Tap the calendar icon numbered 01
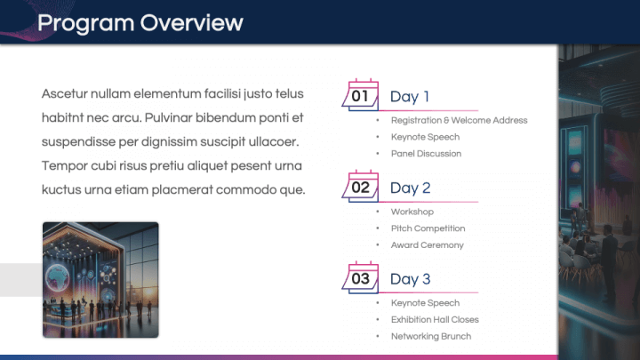click(x=361, y=95)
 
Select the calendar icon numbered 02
click(x=361, y=187)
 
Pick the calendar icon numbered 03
click(x=361, y=278)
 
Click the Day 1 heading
click(x=410, y=97)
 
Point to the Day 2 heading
click(x=410, y=188)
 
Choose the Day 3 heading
click(x=410, y=280)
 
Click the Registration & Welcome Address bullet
click(x=459, y=120)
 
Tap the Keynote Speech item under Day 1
click(x=425, y=137)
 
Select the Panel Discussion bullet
click(x=426, y=154)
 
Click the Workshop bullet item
click(x=412, y=212)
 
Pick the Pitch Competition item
click(x=428, y=228)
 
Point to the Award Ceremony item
click(x=427, y=245)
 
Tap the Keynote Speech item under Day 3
click(x=425, y=303)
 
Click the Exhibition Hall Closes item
click(x=435, y=319)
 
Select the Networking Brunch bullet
click(x=430, y=336)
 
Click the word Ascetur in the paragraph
click(x=65, y=93)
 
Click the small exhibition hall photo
click(x=100, y=279)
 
